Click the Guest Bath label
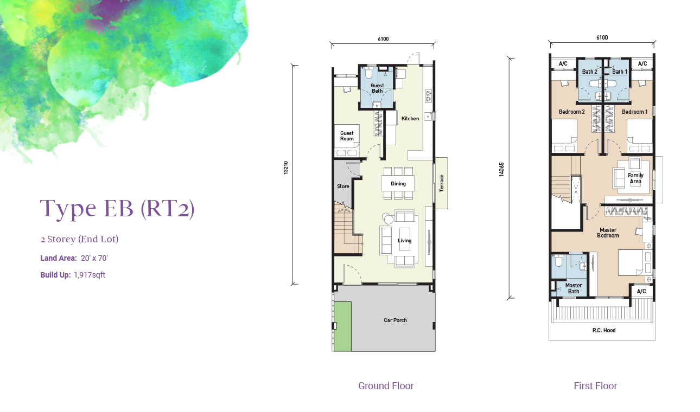tap(377, 88)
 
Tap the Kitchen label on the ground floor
tap(410, 119)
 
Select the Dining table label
tap(398, 184)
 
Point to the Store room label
tap(343, 186)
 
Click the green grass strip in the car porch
tap(343, 326)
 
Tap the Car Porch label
tap(396, 320)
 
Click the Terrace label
tap(442, 183)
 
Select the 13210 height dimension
tap(285, 168)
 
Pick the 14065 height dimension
tap(501, 170)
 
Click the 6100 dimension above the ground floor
tap(383, 38)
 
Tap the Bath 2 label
tap(590, 72)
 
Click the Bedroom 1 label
tap(635, 112)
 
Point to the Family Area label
tap(635, 178)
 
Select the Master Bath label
tap(574, 288)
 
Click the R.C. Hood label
tap(604, 330)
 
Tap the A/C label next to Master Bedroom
tap(641, 291)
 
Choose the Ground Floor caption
tap(386, 386)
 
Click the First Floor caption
tap(595, 386)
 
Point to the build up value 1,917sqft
tap(90, 275)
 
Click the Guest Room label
tap(347, 136)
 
